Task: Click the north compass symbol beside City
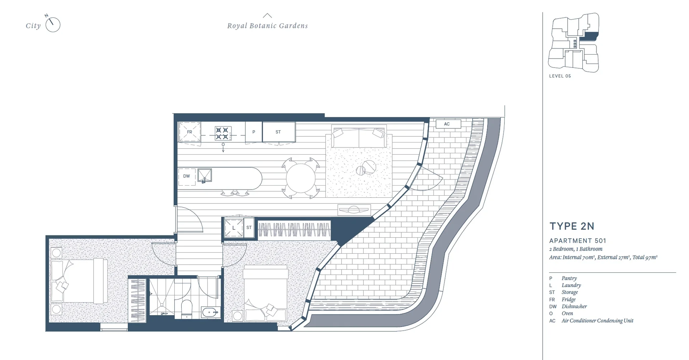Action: tap(53, 24)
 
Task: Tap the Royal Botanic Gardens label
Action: tap(267, 26)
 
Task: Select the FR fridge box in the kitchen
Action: tap(189, 132)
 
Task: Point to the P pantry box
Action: tap(254, 132)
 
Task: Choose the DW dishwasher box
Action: tap(187, 176)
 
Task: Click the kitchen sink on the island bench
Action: tap(205, 176)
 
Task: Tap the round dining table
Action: tap(300, 178)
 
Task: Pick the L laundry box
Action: tap(234, 228)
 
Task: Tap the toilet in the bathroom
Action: tap(187, 309)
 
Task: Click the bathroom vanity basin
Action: tap(211, 312)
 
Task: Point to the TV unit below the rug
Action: tap(354, 210)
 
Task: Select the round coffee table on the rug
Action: tap(369, 167)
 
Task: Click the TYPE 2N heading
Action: tap(572, 226)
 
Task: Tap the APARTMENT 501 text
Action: tap(577, 241)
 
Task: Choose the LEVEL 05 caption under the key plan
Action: tap(560, 76)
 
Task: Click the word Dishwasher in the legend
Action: tap(574, 307)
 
